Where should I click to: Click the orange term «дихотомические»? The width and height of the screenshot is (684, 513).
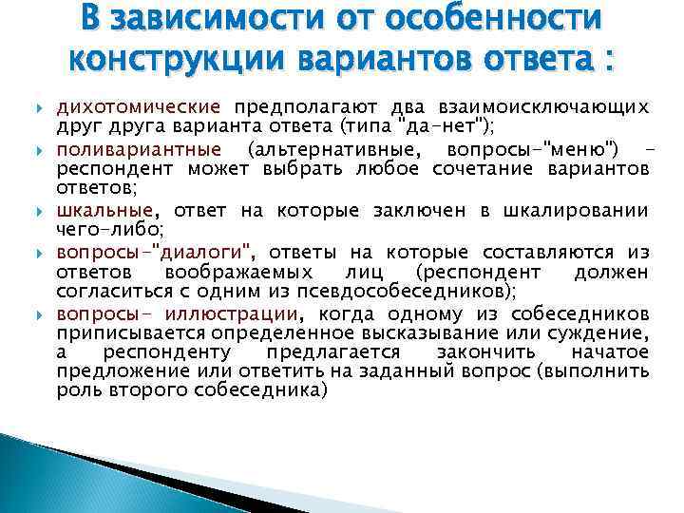pos(139,106)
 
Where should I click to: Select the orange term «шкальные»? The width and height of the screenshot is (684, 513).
pos(104,211)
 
